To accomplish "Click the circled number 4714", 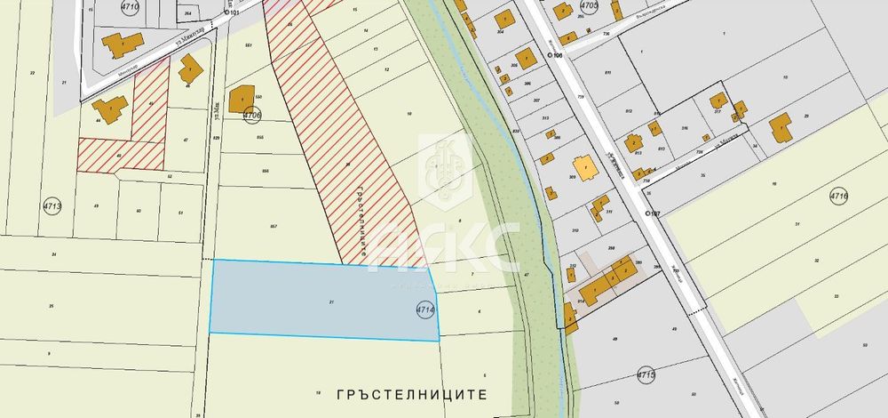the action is [424, 309].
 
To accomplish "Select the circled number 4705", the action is [589, 5].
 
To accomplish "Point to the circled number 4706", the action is [252, 115].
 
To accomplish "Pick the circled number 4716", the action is [839, 196].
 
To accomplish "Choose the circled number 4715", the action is [646, 376].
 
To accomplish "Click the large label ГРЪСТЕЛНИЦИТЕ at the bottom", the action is [414, 391].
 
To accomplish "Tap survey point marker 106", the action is [551, 55].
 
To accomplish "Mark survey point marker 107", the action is [649, 213].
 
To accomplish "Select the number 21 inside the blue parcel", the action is [331, 302].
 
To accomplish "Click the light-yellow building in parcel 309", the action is [584, 166].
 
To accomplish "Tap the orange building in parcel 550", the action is [242, 99].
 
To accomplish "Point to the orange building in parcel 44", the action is [109, 110].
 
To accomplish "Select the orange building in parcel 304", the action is [503, 18].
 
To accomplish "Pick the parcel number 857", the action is [274, 227].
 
